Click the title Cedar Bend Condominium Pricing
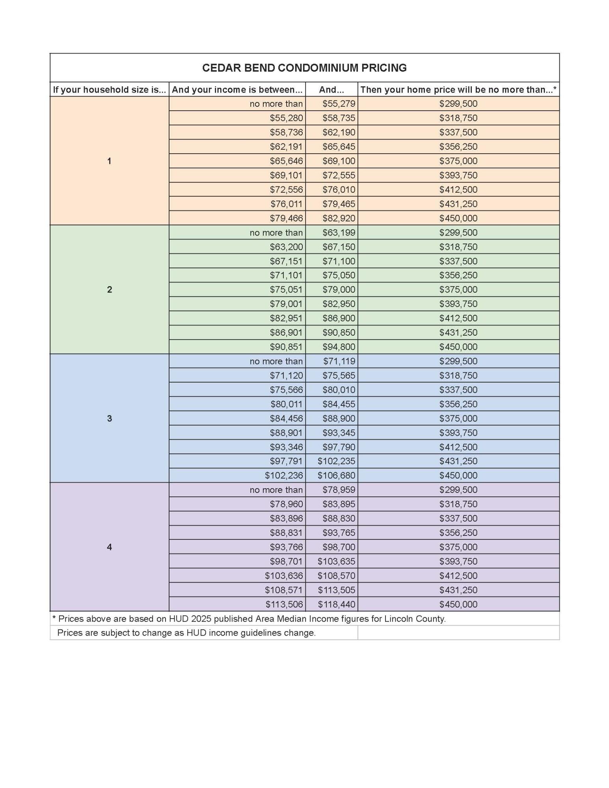(304, 68)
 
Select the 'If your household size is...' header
(109, 90)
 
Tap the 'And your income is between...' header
(237, 90)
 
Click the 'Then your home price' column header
(458, 90)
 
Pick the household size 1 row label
(109, 161)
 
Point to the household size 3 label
(109, 418)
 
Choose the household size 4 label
(109, 547)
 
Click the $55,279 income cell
(339, 104)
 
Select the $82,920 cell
(339, 218)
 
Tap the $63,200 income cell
(286, 247)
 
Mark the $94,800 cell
(339, 347)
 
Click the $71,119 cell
(339, 361)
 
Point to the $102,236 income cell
(284, 476)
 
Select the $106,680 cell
(336, 476)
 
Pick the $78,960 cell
(286, 504)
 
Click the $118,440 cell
(336, 604)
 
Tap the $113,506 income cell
(284, 604)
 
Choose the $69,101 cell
(286, 175)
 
